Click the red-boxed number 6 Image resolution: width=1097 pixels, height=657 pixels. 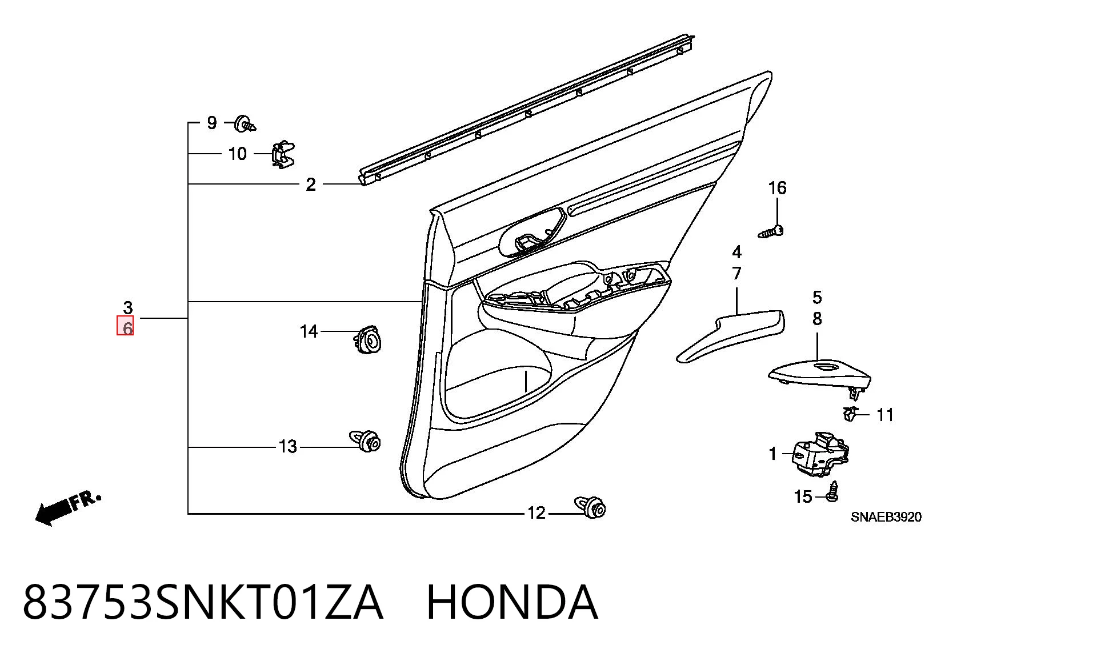pyautogui.click(x=125, y=326)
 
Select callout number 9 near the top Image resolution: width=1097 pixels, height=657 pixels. pyautogui.click(x=212, y=123)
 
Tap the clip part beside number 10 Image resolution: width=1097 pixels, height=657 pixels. pyautogui.click(x=283, y=154)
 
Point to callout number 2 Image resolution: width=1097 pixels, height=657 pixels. pyautogui.click(x=311, y=185)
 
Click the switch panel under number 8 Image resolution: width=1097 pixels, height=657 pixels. pyautogui.click(x=819, y=375)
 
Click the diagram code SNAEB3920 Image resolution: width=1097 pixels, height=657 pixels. pyautogui.click(x=886, y=517)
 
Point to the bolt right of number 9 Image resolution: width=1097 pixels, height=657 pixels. pyautogui.click(x=245, y=123)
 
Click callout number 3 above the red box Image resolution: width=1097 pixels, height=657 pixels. pyautogui.click(x=127, y=308)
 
